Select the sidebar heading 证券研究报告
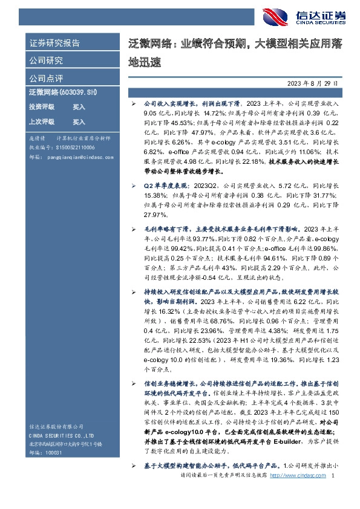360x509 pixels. [x=54, y=44]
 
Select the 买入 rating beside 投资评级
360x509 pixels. [x=79, y=107]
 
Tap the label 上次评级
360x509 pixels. [x=42, y=122]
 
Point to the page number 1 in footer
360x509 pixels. [x=333, y=493]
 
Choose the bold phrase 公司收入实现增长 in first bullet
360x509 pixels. [x=166, y=104]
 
